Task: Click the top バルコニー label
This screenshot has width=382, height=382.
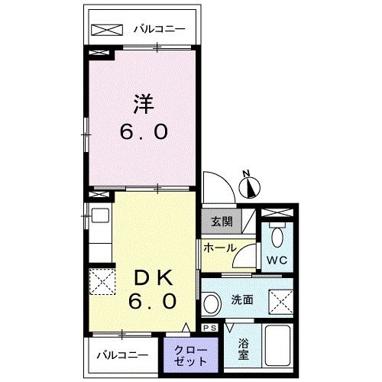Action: (x=160, y=30)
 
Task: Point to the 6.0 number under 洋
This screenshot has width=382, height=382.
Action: (x=143, y=132)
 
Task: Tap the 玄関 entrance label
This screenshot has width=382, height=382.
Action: (x=222, y=222)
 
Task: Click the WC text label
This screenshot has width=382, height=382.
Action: (x=276, y=259)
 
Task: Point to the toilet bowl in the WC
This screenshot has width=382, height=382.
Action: (x=277, y=235)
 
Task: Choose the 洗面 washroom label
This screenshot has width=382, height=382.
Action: (x=242, y=299)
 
